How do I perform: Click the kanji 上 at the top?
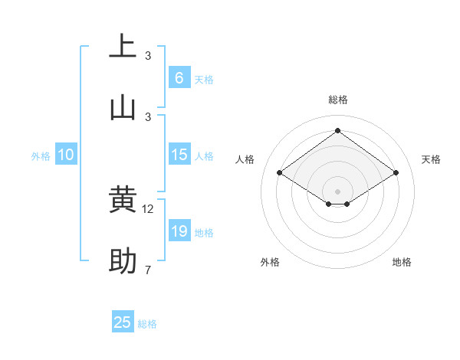(x=123, y=46)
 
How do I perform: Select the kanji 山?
(x=123, y=107)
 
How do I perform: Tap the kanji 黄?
(x=123, y=200)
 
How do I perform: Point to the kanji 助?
(x=123, y=261)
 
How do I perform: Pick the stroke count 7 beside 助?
(x=148, y=270)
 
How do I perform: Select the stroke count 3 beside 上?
(x=148, y=56)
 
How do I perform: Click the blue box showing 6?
(x=179, y=78)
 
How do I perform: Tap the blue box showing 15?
(x=179, y=155)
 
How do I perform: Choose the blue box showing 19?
(x=179, y=231)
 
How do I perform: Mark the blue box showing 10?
(x=66, y=155)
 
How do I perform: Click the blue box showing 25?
(x=123, y=322)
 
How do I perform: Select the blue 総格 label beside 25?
(x=147, y=324)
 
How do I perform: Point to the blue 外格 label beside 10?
(x=41, y=156)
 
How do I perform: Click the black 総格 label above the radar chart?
(x=337, y=100)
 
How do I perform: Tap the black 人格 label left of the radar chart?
(x=245, y=159)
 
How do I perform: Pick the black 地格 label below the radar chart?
(x=402, y=262)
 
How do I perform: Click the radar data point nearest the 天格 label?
(x=396, y=173)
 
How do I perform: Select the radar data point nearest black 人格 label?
(x=280, y=173)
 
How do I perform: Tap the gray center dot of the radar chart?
(x=337, y=191)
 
